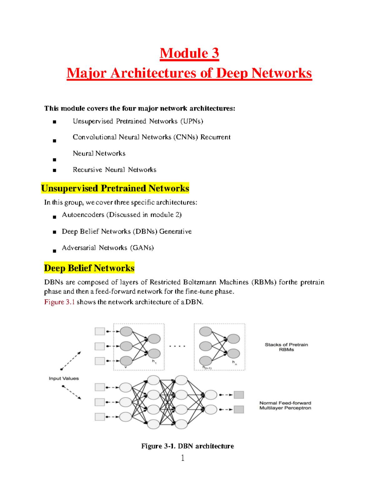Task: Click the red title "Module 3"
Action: [x=189, y=53]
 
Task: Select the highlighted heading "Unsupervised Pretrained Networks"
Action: [x=115, y=188]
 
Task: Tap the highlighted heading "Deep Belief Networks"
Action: [x=89, y=268]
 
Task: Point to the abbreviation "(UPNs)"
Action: [x=192, y=121]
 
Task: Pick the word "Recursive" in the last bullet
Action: [x=87, y=170]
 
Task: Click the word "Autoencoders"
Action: [x=83, y=215]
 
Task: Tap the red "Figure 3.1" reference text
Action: [x=59, y=302]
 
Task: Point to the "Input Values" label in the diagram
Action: [x=64, y=379]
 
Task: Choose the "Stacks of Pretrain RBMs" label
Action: [x=286, y=347]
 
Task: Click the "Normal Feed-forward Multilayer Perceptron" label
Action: [x=285, y=405]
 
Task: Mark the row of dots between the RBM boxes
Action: [x=177, y=346]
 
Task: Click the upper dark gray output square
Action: [x=239, y=395]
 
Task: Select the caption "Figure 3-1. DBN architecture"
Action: [x=187, y=446]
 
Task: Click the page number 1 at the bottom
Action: [x=183, y=458]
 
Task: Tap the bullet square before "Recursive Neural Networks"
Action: [x=54, y=171]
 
